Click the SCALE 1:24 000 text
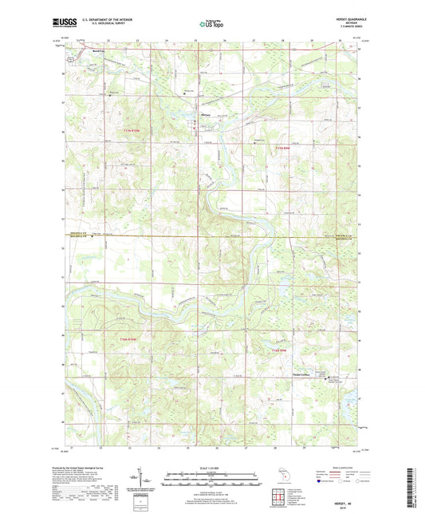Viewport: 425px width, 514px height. coord(212,467)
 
